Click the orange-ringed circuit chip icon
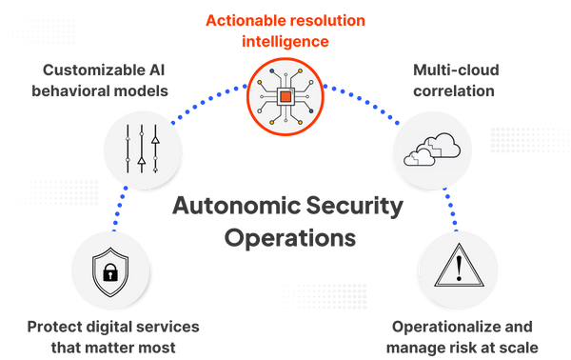285,96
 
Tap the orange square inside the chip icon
285,97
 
